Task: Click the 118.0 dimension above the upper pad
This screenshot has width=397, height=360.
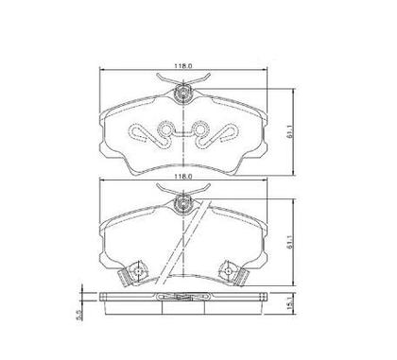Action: pos(183,66)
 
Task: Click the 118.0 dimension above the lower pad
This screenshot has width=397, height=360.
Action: pos(183,177)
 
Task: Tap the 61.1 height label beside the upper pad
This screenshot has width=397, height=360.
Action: pos(290,131)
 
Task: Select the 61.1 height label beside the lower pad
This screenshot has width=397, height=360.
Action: pos(290,242)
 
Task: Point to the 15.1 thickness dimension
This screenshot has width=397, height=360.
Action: pos(290,305)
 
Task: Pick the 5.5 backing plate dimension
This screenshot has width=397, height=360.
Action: pos(79,315)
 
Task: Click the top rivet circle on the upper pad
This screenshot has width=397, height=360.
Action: pos(183,94)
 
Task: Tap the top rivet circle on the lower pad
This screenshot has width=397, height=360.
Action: pos(183,203)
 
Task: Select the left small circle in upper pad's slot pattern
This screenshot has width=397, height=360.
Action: pos(164,128)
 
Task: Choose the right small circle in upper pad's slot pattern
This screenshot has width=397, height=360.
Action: pos(199,128)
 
